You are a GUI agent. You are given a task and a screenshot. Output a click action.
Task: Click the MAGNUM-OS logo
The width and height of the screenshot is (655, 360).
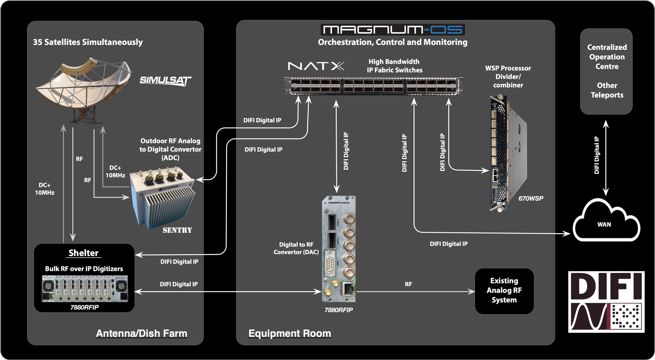coord(392,30)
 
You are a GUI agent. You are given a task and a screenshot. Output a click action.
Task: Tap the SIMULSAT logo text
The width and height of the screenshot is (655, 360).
coord(165,81)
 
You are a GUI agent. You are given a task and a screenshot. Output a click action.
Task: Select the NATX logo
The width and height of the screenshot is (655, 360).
coord(316,66)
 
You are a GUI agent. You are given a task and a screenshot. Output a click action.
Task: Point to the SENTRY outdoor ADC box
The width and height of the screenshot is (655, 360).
coord(163,198)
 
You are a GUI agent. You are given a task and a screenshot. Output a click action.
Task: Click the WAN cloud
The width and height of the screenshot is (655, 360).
coord(606,222)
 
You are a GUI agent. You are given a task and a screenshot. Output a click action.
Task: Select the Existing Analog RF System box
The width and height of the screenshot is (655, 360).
coord(504,291)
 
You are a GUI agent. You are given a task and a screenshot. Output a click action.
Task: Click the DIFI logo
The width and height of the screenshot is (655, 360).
coord(606,302)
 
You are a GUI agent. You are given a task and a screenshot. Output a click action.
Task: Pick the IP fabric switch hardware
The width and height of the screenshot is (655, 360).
coord(373,86)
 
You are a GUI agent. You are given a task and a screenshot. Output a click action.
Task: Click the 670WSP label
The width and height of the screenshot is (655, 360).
coord(530,198)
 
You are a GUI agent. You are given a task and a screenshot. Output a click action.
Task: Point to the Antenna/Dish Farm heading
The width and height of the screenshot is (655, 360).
coord(141,333)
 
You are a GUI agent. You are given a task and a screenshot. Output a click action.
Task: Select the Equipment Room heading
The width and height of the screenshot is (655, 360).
coord(290,333)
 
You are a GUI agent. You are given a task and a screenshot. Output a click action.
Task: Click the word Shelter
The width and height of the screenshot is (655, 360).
coord(83,253)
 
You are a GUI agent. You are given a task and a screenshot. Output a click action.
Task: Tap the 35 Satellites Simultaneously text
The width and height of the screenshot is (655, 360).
coord(88,42)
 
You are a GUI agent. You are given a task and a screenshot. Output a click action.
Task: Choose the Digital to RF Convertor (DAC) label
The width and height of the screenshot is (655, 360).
coord(296,248)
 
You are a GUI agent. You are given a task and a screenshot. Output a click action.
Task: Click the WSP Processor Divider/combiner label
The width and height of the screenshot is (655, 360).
coord(508,77)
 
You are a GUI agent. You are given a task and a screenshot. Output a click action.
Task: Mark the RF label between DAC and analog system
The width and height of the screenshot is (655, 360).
coord(408,284)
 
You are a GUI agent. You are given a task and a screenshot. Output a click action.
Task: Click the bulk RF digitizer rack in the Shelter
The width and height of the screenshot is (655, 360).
coord(85,289)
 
